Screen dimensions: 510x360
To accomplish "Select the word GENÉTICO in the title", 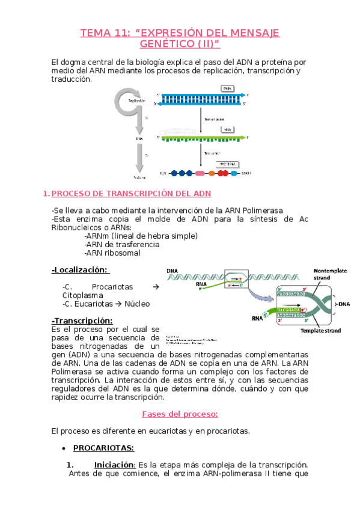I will click(x=165, y=44).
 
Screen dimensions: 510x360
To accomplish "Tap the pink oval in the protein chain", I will click(x=199, y=174).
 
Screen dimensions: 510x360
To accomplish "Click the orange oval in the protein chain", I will click(x=212, y=174).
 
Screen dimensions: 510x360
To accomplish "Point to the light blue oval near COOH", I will click(x=233, y=174).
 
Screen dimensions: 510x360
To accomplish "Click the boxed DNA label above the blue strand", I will click(x=227, y=88).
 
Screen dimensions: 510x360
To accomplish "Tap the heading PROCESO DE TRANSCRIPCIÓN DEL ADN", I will click(x=131, y=194).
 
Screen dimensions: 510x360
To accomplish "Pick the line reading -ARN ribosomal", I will click(x=112, y=253).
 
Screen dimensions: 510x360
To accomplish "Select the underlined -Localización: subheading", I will click(x=80, y=270).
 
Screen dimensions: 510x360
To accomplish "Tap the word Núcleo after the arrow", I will click(x=137, y=304).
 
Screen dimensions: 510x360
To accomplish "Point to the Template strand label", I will click(x=320, y=330).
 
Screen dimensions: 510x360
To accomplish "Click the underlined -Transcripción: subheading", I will click(x=82, y=321).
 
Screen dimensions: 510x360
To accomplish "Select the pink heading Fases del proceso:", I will click(x=179, y=414).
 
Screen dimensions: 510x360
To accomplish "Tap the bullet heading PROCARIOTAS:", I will click(x=103, y=448).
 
